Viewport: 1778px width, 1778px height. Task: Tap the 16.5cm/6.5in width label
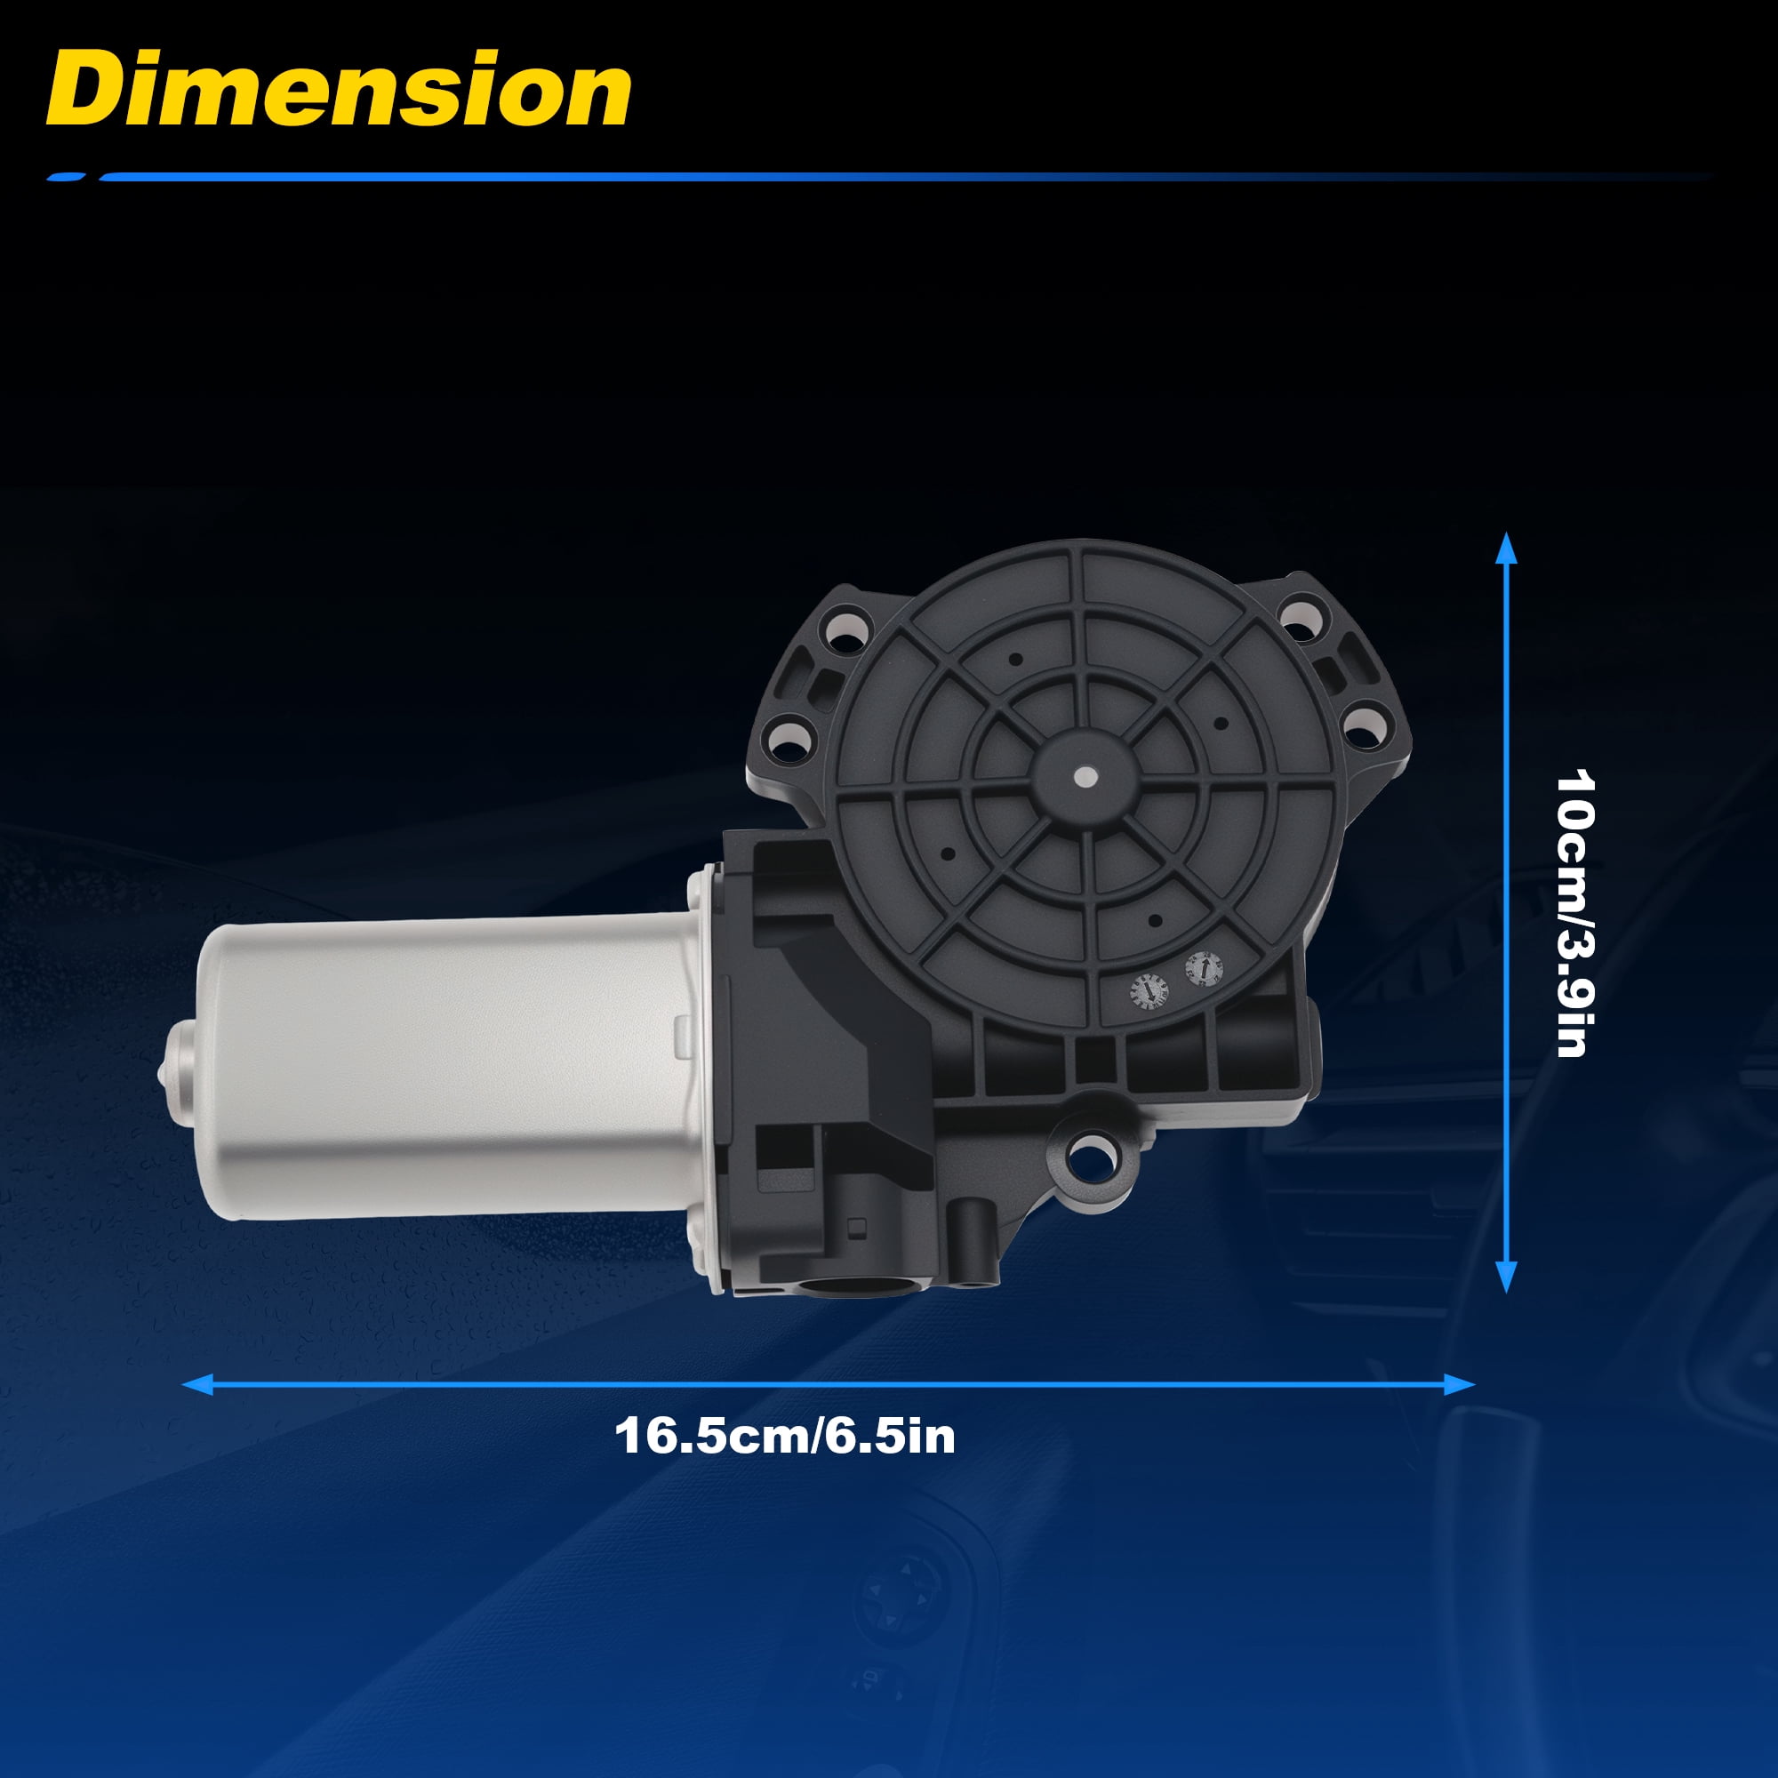pos(785,1437)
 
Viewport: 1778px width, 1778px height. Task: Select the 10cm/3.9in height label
pos(1574,914)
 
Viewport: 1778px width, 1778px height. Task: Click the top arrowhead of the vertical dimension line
pos(1507,549)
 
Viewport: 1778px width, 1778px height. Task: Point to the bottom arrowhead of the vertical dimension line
pos(1507,1277)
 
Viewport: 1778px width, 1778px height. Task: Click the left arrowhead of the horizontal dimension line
pos(198,1384)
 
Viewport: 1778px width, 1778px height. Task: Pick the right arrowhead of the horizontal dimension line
pos(1460,1384)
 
